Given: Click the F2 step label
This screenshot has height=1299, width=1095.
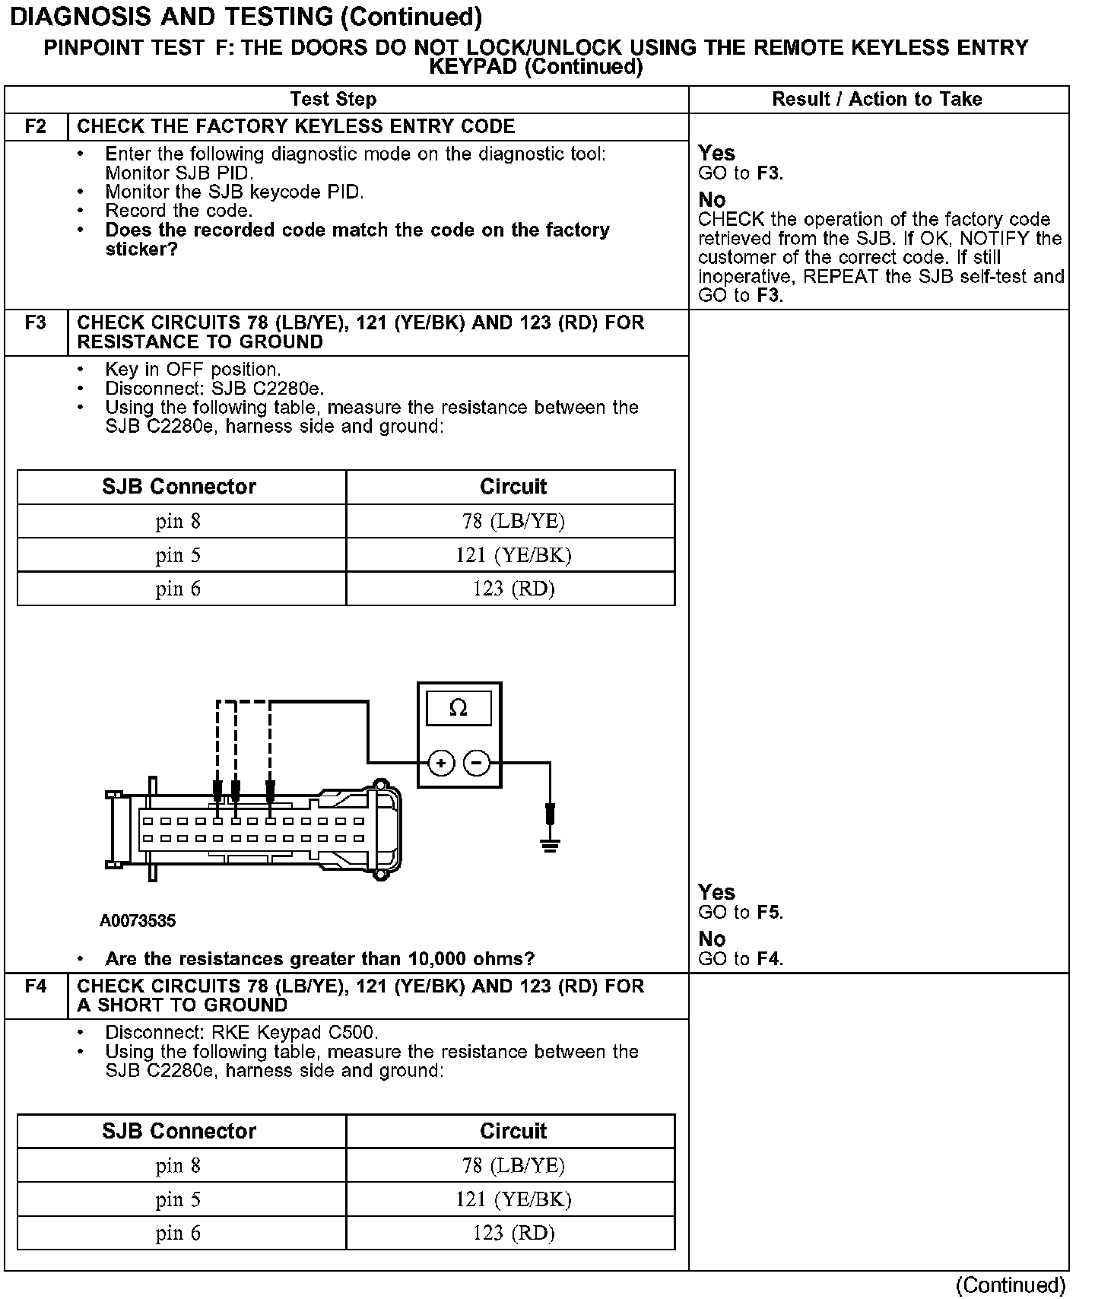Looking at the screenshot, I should (36, 126).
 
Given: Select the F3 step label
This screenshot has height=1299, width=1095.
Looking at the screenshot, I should (36, 323).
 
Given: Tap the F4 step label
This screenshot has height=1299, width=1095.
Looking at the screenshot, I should (36, 986).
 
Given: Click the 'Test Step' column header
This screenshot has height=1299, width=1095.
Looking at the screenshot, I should (333, 100).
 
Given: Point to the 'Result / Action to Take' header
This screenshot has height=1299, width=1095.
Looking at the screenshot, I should (877, 100).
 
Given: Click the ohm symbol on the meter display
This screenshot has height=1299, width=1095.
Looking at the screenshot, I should (458, 708).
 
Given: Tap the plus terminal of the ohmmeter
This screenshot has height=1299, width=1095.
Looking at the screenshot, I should (441, 762).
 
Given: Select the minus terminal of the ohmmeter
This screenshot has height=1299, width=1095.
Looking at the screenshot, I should (477, 762).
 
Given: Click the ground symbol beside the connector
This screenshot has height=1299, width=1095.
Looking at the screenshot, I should (550, 843).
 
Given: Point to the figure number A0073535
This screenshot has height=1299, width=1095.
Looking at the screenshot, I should (138, 921).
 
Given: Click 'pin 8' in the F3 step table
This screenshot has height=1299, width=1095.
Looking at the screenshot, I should (179, 522).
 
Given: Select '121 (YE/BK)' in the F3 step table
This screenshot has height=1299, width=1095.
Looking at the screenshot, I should (513, 555).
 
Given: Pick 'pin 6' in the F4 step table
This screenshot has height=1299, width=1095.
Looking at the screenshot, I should (179, 1233).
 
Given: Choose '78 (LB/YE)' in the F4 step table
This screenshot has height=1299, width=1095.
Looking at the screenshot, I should (513, 1165).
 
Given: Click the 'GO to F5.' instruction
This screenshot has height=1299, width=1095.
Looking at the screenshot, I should (741, 913).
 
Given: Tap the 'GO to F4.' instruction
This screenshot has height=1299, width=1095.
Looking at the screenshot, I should (741, 959).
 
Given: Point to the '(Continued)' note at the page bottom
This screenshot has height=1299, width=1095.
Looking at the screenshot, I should (1011, 1285).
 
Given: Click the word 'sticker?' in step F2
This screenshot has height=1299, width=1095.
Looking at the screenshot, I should (141, 249).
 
